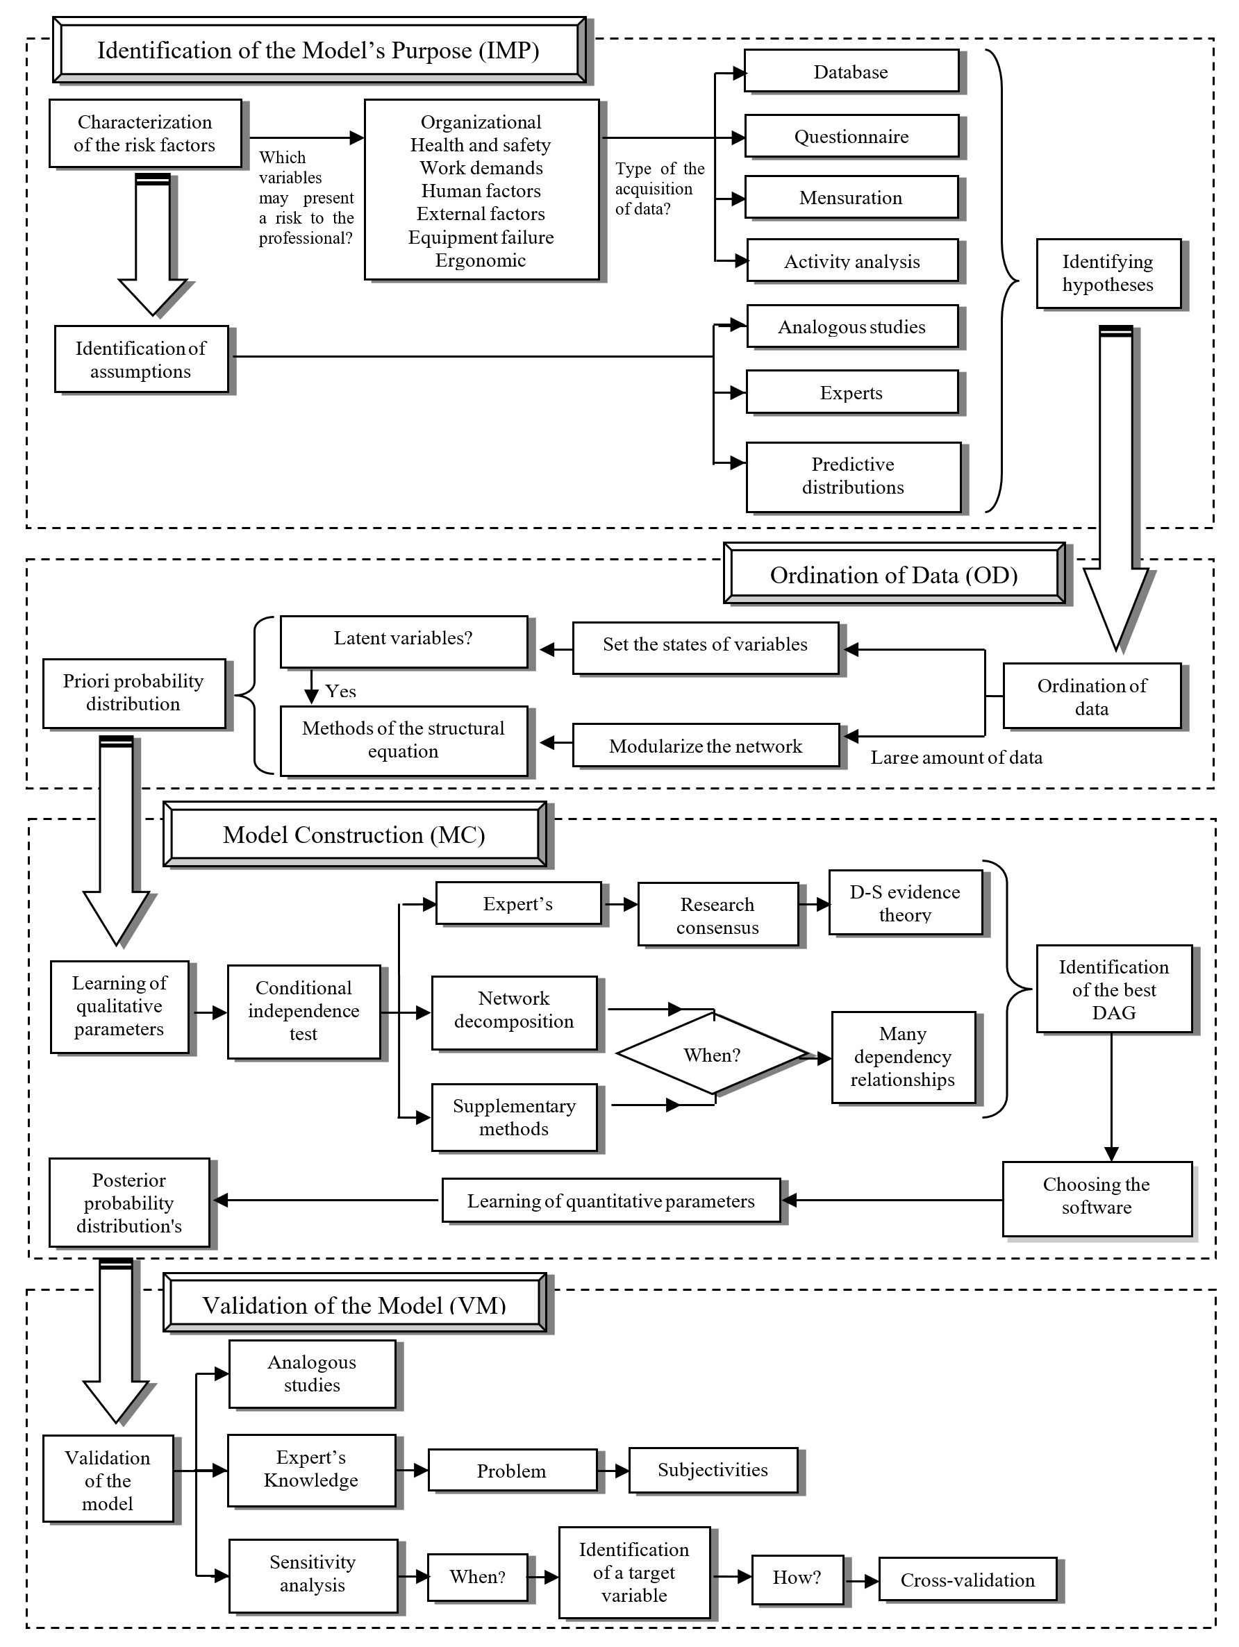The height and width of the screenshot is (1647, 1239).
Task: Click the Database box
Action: pos(850,72)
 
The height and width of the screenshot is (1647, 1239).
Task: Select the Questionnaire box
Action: pos(851,136)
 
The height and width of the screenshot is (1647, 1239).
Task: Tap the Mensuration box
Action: pos(850,197)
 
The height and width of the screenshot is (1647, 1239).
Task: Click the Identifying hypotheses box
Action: pos(1107,274)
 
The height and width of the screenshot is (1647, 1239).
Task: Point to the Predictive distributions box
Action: pos(853,476)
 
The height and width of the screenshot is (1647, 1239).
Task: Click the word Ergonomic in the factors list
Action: pos(481,260)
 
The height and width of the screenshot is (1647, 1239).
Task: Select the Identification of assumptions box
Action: pos(141,360)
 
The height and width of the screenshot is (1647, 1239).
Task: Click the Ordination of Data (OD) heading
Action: pos(894,574)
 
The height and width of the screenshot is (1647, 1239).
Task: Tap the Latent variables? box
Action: pos(403,639)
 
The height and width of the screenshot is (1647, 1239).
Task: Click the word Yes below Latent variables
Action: pos(341,691)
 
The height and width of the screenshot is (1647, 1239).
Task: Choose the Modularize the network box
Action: pos(705,746)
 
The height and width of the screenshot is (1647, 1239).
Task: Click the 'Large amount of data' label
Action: pos(956,758)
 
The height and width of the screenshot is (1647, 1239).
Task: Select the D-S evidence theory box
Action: pos(905,903)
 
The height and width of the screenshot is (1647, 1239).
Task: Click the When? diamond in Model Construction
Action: pos(712,1055)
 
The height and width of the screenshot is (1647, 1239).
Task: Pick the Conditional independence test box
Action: pos(303,1011)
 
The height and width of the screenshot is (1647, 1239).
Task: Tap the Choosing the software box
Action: pos(1096,1196)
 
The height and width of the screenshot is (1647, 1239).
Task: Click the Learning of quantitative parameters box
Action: pos(610,1201)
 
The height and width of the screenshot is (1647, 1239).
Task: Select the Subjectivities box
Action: pos(713,1471)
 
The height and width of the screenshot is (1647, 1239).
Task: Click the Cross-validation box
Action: pos(967,1580)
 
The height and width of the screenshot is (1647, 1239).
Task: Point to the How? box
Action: pos(797,1578)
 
